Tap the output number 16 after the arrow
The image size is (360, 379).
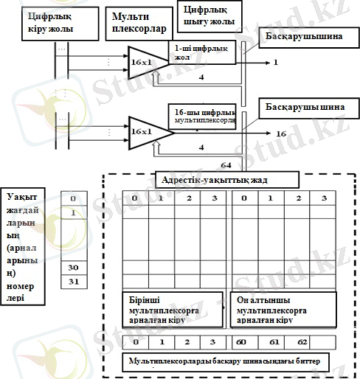coord(281,133)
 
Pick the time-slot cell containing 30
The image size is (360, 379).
coord(72,268)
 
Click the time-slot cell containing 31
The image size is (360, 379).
coord(72,282)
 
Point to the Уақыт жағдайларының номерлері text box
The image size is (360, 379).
coord(25,245)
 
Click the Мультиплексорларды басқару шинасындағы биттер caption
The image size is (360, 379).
coord(226,361)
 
